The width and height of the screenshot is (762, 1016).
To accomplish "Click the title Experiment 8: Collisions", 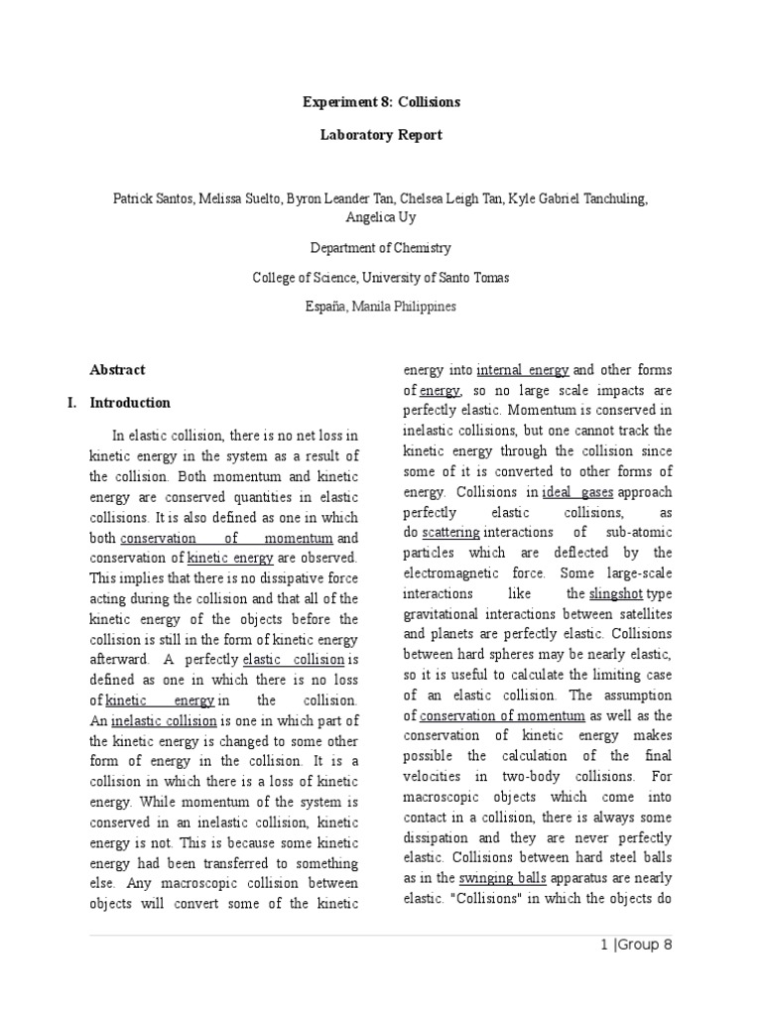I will click(x=381, y=102).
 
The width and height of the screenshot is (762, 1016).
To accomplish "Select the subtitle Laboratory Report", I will click(x=381, y=134).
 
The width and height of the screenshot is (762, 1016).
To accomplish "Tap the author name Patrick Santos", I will click(x=150, y=198).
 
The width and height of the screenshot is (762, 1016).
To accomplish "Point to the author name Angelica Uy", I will click(x=381, y=217).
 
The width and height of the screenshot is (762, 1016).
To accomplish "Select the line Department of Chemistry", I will click(x=381, y=248).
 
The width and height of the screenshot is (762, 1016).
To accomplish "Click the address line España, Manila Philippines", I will click(x=381, y=307).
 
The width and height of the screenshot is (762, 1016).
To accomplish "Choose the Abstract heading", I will click(x=117, y=370).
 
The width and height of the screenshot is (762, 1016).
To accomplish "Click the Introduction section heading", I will click(x=130, y=403).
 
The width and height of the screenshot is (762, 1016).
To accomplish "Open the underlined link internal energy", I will click(x=523, y=370).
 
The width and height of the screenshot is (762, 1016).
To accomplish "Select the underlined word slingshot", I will click(x=615, y=594).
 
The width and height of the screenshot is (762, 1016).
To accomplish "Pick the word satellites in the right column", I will click(x=638, y=614).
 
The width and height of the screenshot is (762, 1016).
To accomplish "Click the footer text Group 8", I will click(x=646, y=945).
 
